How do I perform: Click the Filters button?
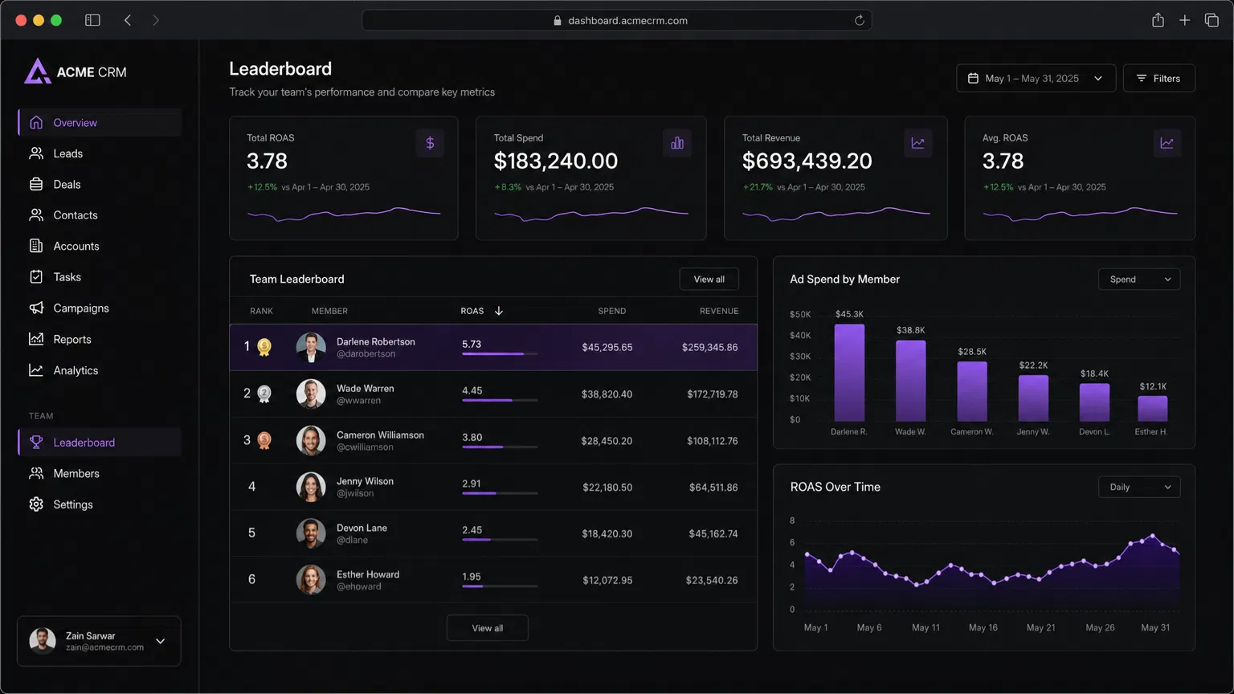(x=1158, y=78)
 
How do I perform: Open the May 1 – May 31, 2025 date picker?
(x=1035, y=78)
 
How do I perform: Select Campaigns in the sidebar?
(x=80, y=308)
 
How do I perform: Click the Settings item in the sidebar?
(x=72, y=504)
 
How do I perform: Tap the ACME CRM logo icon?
(x=37, y=71)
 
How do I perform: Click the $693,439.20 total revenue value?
(x=807, y=161)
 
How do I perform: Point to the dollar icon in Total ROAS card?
(x=430, y=143)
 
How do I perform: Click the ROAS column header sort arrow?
(x=499, y=311)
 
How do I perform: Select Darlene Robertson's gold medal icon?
(x=264, y=347)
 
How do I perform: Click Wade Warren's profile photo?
(x=311, y=394)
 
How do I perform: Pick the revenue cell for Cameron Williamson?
(x=712, y=441)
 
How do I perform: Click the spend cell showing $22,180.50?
(x=607, y=488)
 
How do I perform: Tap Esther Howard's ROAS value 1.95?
(x=472, y=577)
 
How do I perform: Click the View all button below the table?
(x=487, y=628)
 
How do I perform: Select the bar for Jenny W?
(x=1033, y=398)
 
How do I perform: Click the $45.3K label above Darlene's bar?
(x=849, y=314)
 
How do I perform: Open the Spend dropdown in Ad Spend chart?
(x=1138, y=279)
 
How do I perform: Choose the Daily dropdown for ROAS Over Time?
(x=1138, y=487)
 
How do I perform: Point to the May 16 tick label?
(x=983, y=627)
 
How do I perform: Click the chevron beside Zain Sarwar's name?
(x=161, y=641)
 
